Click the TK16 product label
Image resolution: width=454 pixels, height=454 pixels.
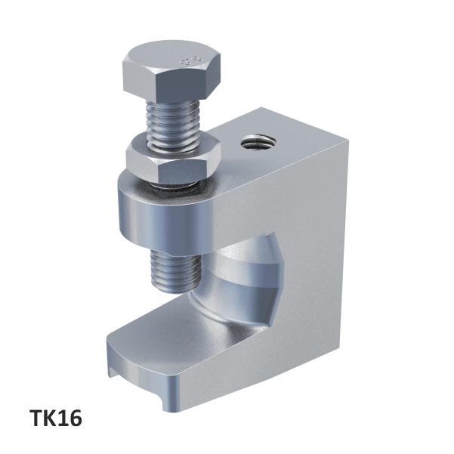coord(54,418)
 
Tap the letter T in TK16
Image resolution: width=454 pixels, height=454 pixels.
coord(36,418)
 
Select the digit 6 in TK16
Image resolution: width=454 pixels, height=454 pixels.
coord(73,418)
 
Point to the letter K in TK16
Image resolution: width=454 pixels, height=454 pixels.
coord(49,418)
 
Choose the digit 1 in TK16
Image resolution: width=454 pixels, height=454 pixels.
coord(63,418)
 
